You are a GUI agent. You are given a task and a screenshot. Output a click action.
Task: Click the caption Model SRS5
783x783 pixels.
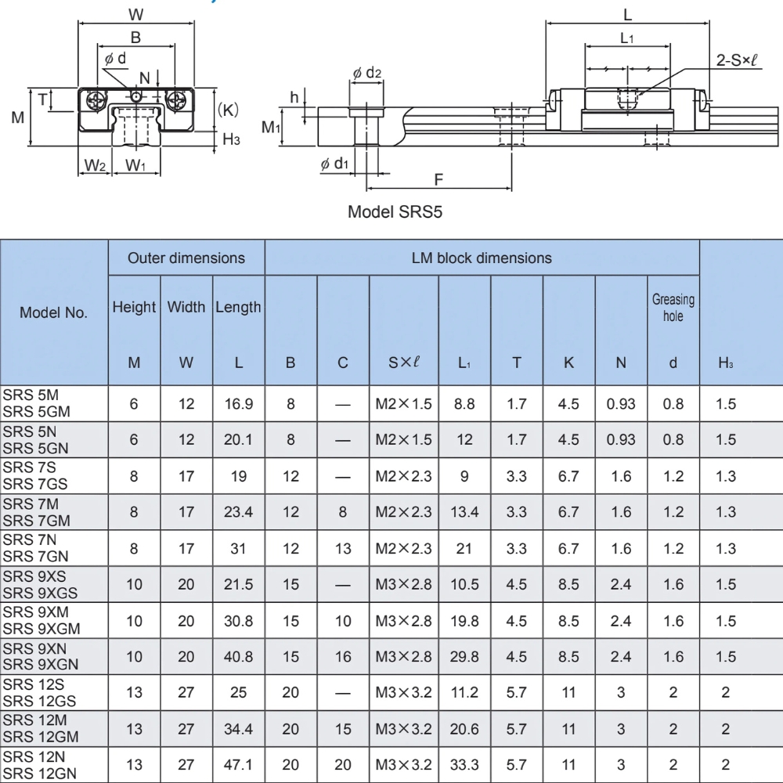click(395, 211)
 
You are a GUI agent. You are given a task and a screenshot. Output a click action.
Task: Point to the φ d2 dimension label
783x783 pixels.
click(367, 74)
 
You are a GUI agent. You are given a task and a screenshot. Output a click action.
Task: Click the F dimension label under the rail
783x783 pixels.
click(438, 179)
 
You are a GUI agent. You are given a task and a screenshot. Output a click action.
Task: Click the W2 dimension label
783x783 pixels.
click(95, 165)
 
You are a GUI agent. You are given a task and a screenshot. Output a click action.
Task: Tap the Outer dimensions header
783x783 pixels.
click(186, 258)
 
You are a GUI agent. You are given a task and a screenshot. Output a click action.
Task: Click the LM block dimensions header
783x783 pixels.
click(481, 258)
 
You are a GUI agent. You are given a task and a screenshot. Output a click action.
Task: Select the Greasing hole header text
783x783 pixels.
click(673, 308)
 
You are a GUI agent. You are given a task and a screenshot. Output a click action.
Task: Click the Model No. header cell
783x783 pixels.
click(53, 312)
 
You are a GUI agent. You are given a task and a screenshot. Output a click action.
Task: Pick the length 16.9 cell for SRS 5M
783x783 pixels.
click(238, 404)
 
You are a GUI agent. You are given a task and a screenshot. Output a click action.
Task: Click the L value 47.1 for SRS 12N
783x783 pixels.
click(238, 765)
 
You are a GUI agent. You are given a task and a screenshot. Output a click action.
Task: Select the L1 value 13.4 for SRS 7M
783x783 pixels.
click(464, 512)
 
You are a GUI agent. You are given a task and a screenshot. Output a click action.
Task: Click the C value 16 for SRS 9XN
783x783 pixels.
click(343, 657)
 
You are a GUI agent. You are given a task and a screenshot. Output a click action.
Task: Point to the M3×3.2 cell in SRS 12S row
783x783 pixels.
click(403, 693)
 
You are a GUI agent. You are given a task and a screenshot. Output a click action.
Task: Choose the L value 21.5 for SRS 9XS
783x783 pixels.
click(238, 585)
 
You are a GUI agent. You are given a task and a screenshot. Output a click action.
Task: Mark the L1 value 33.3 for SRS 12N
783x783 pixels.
click(464, 765)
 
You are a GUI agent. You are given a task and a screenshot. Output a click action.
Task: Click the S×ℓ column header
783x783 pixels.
click(403, 363)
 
